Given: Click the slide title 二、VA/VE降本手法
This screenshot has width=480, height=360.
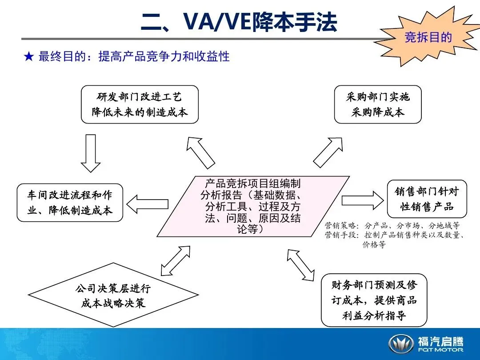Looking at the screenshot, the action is pos(239,22).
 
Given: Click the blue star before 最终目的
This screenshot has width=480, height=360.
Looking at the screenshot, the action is pos(29,56).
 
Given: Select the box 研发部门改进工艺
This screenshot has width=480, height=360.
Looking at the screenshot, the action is pos(140,104).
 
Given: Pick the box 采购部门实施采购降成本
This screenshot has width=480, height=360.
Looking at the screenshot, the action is pos(378,104).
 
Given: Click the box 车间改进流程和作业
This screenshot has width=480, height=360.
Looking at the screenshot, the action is pos(70,202).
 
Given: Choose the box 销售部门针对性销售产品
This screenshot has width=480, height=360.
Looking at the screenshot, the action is pos(427,199).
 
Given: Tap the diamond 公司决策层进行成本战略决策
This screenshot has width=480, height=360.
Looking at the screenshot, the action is pos(113,295).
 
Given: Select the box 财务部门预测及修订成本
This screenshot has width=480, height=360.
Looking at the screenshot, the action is pos(374,300).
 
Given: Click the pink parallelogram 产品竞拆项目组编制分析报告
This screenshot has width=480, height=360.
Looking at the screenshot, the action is pos(253,206).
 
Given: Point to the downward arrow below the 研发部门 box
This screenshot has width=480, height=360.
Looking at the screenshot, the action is pos(91,153).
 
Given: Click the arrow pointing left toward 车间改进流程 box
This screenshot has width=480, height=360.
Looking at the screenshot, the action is pos(147,204).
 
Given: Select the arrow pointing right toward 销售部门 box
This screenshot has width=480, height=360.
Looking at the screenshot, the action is pos(363,200).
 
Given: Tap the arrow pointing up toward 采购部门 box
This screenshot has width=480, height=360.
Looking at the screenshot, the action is pos(328,152).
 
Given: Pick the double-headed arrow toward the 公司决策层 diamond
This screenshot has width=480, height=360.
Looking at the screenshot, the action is pos(176,261).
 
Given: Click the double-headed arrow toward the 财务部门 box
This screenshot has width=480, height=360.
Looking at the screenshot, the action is pos(300,265).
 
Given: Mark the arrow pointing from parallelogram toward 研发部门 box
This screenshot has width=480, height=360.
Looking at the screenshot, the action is pos(201,153).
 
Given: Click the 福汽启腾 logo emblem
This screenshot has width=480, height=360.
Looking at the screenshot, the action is pos(401,344).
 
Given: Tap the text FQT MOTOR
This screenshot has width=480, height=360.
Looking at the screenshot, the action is pos(440,350).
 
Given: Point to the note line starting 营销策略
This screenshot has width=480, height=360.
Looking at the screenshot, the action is pos(392,226).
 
